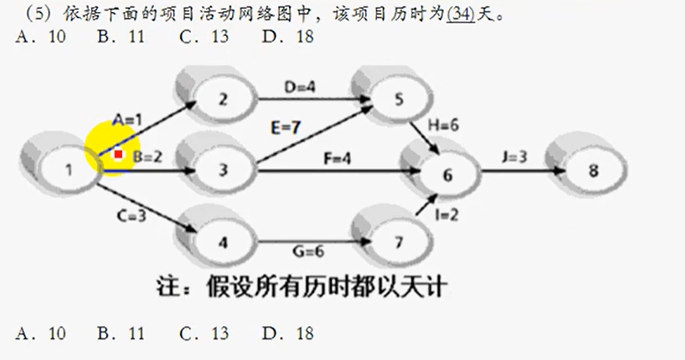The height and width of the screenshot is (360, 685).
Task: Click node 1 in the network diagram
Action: click(68, 169)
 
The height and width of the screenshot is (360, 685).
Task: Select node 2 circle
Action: click(223, 99)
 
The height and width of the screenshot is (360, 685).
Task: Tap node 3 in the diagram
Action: click(223, 170)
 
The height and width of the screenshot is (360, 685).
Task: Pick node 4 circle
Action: click(223, 243)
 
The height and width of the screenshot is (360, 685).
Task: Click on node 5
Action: click(400, 99)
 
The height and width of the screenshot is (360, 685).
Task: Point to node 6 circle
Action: click(447, 175)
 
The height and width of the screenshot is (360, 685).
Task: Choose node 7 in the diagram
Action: click(400, 243)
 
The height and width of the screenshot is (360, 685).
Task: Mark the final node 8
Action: click(593, 170)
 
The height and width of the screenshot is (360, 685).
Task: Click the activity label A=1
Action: click(128, 120)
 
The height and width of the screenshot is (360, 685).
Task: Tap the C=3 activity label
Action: click(131, 216)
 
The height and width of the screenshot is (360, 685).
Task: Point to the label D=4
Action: click(300, 87)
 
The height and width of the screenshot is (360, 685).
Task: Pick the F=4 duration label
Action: click(335, 159)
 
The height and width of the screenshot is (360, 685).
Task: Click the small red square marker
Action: click(118, 154)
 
